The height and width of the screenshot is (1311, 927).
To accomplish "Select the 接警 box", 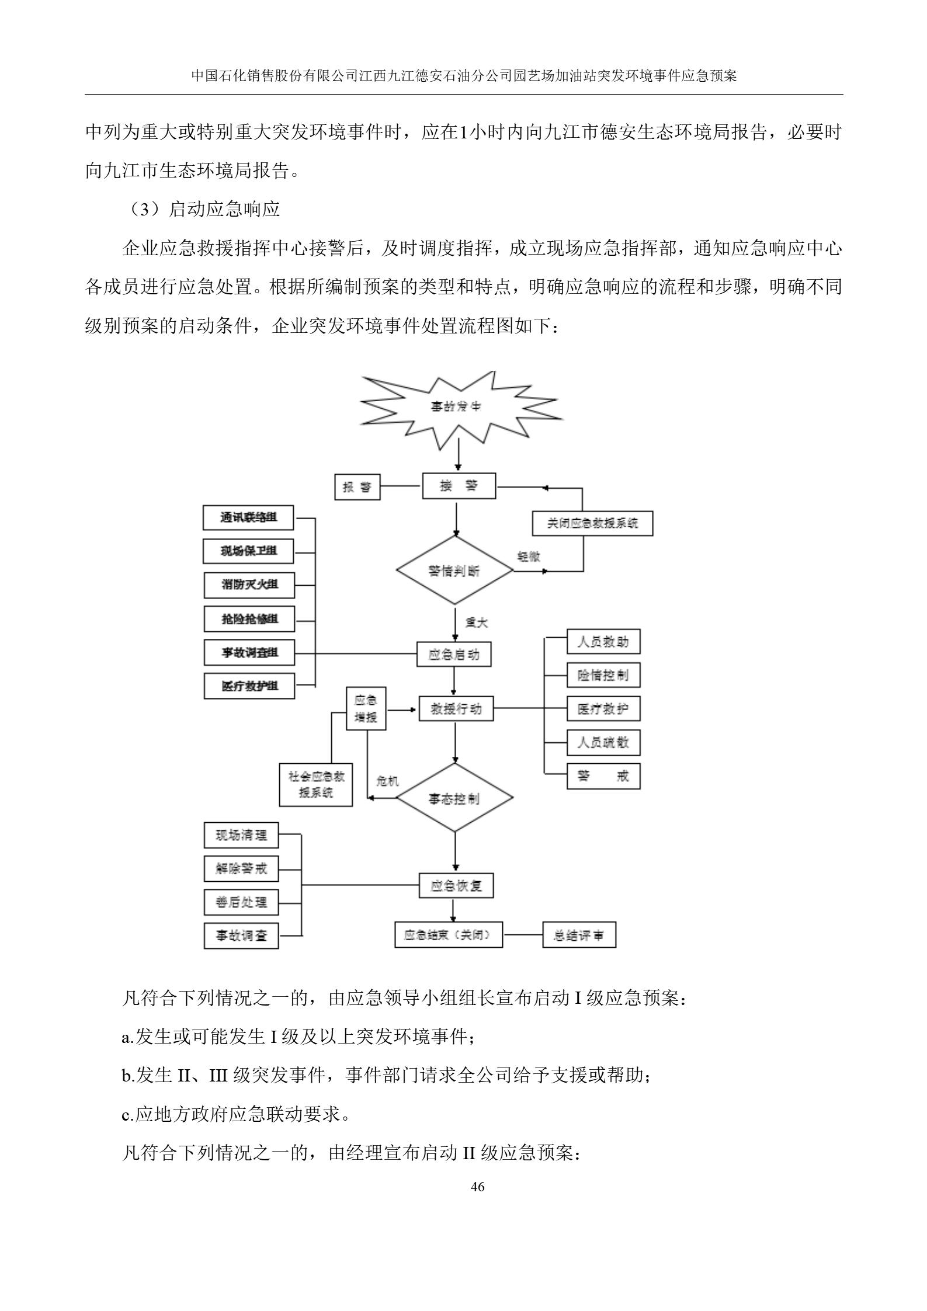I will (459, 486).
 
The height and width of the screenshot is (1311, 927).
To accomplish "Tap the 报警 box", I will (357, 487).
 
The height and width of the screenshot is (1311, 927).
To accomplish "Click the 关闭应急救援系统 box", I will (592, 523).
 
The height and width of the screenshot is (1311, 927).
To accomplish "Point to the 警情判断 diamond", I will (454, 571).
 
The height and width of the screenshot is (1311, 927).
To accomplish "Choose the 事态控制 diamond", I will (454, 798).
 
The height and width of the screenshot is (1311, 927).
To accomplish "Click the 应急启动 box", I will (454, 655).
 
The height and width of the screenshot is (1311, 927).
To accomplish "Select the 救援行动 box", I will (456, 709).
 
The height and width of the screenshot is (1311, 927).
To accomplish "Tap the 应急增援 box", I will (366, 708).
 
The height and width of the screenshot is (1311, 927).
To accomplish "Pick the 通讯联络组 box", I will (248, 517).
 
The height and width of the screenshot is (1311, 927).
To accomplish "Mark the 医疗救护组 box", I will (249, 686).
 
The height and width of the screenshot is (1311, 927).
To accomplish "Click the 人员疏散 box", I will (603, 743).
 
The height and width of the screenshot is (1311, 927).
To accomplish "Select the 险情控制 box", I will (603, 676).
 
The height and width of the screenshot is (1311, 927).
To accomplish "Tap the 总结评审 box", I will (579, 936).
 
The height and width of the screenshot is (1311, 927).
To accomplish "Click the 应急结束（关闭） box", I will (448, 936).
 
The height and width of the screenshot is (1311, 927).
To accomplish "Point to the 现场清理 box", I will (241, 835).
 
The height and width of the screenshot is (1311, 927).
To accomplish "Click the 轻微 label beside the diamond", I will (529, 557).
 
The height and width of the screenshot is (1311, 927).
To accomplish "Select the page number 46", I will (477, 1187).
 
